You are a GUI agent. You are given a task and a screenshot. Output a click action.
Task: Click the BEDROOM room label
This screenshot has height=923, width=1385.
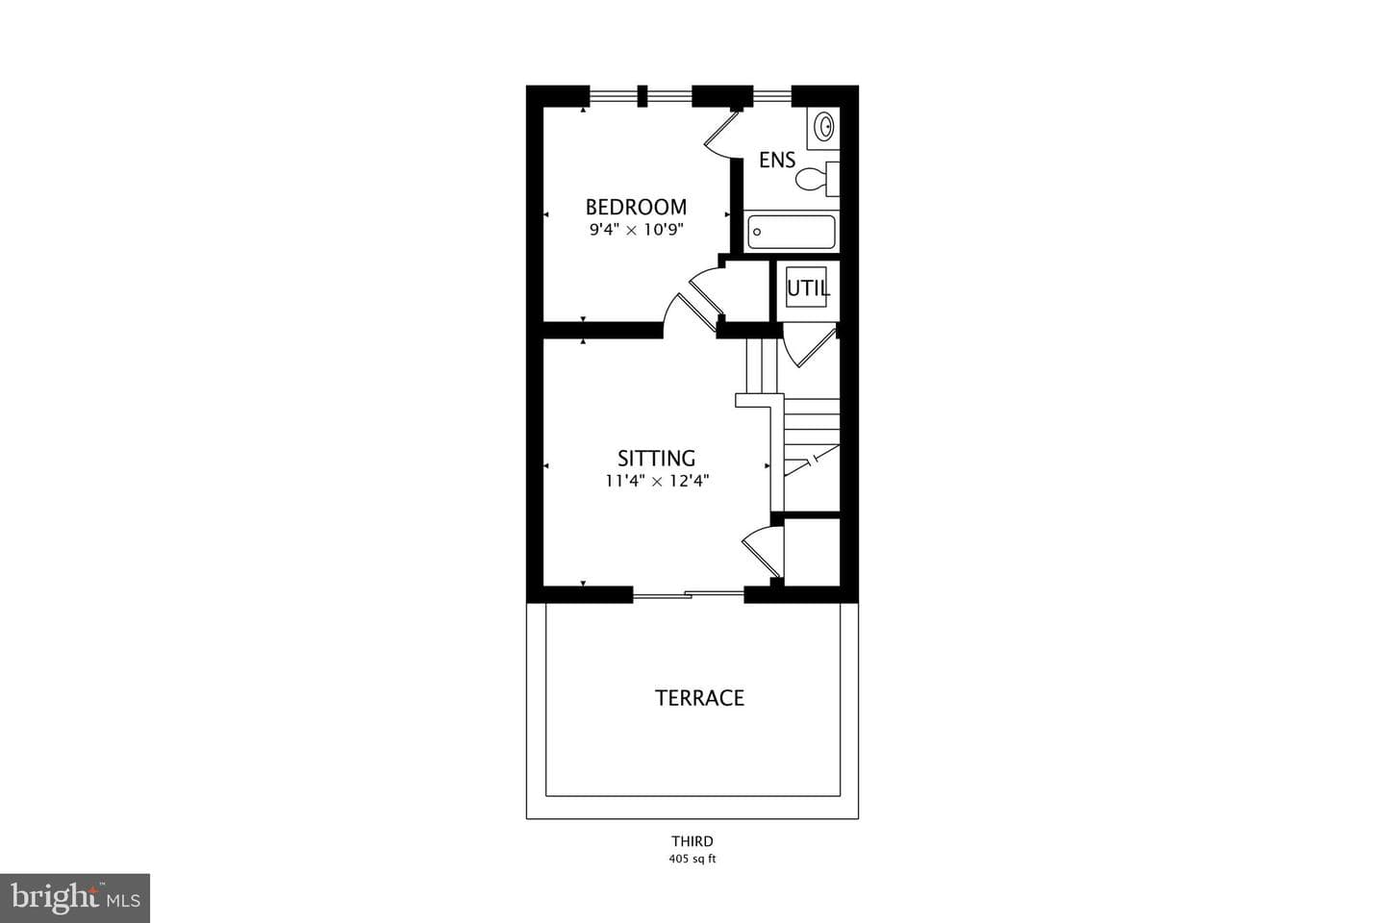click(x=636, y=207)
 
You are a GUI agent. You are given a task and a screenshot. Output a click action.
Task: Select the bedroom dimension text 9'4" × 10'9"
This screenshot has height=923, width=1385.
click(x=636, y=230)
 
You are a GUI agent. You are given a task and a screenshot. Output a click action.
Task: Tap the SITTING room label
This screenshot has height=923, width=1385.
click(x=656, y=458)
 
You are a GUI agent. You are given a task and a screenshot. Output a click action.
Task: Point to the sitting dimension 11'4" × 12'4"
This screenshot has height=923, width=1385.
click(x=657, y=481)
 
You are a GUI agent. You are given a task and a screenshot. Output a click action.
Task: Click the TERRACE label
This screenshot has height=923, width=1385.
click(x=699, y=698)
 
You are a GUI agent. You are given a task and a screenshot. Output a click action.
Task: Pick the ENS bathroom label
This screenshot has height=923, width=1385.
click(x=777, y=161)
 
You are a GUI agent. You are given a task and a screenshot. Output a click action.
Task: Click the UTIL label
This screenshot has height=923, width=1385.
click(x=808, y=288)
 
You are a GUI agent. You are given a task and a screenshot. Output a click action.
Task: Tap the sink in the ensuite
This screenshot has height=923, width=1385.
click(x=824, y=127)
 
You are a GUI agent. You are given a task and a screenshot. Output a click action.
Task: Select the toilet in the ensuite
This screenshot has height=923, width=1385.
click(x=817, y=179)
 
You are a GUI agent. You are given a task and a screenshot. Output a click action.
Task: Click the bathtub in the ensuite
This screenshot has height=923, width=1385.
click(x=792, y=232)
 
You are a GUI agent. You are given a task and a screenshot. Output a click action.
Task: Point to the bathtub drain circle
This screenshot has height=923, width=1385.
click(x=757, y=233)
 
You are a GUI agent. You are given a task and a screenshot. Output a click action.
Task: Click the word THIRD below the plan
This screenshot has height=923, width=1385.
click(x=692, y=841)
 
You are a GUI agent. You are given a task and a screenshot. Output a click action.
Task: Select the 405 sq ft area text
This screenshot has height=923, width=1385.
click(x=692, y=859)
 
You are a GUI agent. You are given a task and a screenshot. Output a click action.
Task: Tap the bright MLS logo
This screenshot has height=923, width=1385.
click(x=75, y=898)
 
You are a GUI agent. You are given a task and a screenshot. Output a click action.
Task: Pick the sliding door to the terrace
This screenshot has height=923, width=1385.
click(x=689, y=595)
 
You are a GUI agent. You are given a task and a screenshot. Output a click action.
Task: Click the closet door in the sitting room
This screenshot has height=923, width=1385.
click(x=763, y=552)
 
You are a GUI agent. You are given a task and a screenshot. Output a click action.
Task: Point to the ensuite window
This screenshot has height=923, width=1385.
click(x=772, y=96)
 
